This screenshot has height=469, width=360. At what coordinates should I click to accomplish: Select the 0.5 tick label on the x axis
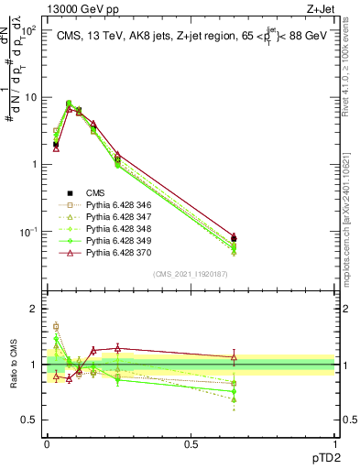[191, 444]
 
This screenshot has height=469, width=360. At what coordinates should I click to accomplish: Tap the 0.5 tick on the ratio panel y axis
[33, 420]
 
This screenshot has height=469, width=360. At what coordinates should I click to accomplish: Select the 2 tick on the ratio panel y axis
[35, 309]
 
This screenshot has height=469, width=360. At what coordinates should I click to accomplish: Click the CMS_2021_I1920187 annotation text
[191, 274]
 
